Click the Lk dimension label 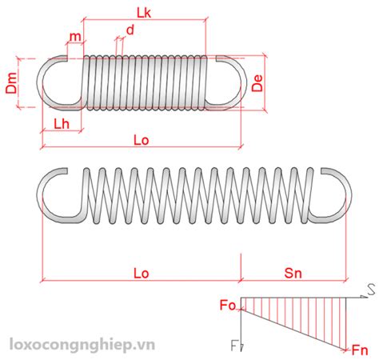pyautogui.click(x=144, y=13)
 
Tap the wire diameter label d pyautogui.click(x=130, y=30)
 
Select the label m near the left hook pyautogui.click(x=75, y=36)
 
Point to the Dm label pyautogui.click(x=11, y=82)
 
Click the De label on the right pyautogui.click(x=257, y=83)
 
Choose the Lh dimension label pyautogui.click(x=62, y=124)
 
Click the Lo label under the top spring pyautogui.click(x=141, y=140)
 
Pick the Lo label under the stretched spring pyautogui.click(x=141, y=273)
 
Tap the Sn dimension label pyautogui.click(x=293, y=273)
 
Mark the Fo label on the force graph pyautogui.click(x=228, y=305)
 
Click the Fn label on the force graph pyautogui.click(x=360, y=350)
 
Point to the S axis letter pyautogui.click(x=371, y=290)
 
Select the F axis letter pyautogui.click(x=233, y=346)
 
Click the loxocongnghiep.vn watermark pyautogui.click(x=82, y=345)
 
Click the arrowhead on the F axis pyautogui.click(x=241, y=347)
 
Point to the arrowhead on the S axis pyautogui.click(x=364, y=297)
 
